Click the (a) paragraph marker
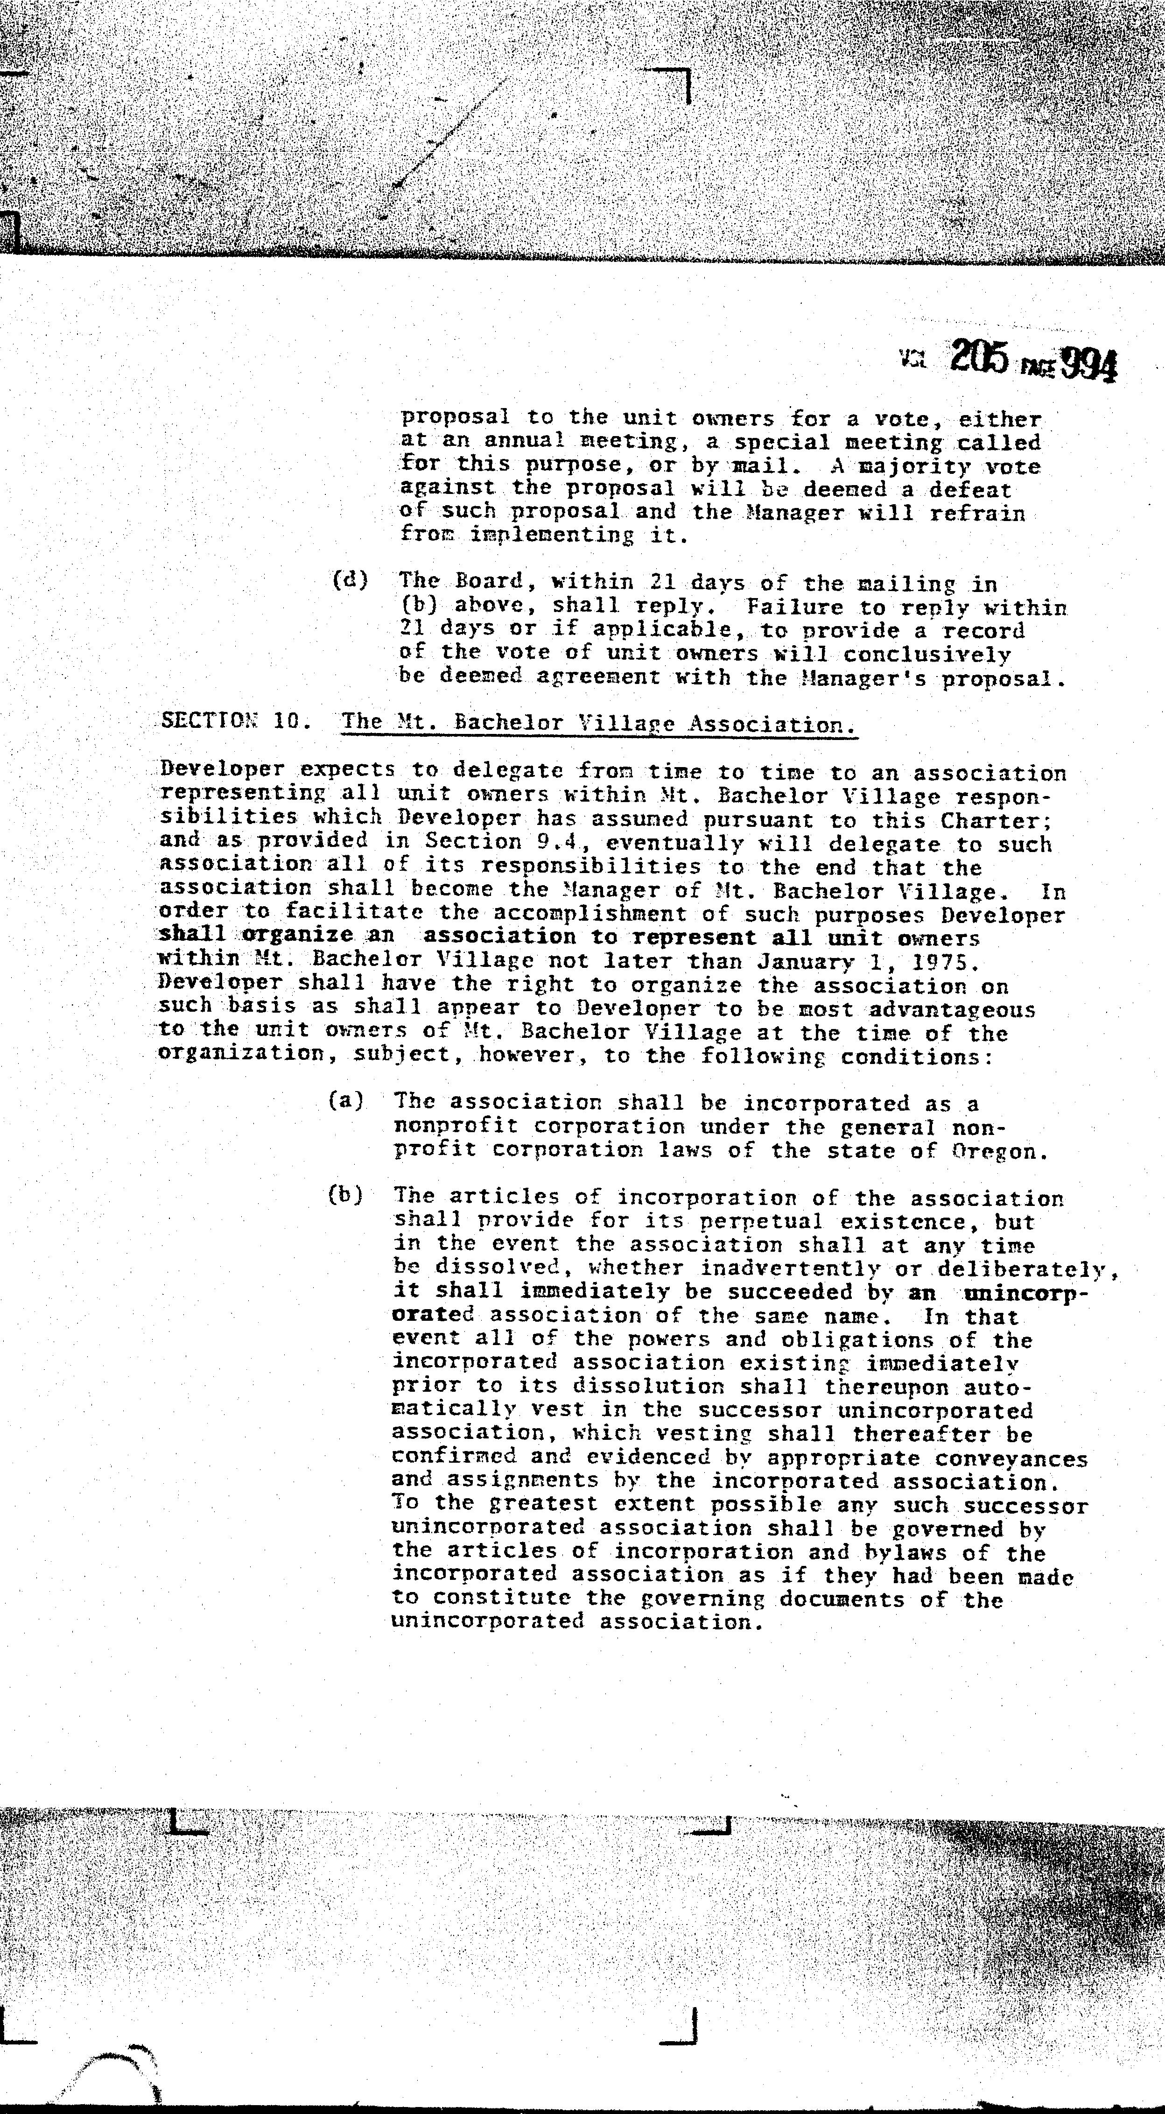pos(345,1100)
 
